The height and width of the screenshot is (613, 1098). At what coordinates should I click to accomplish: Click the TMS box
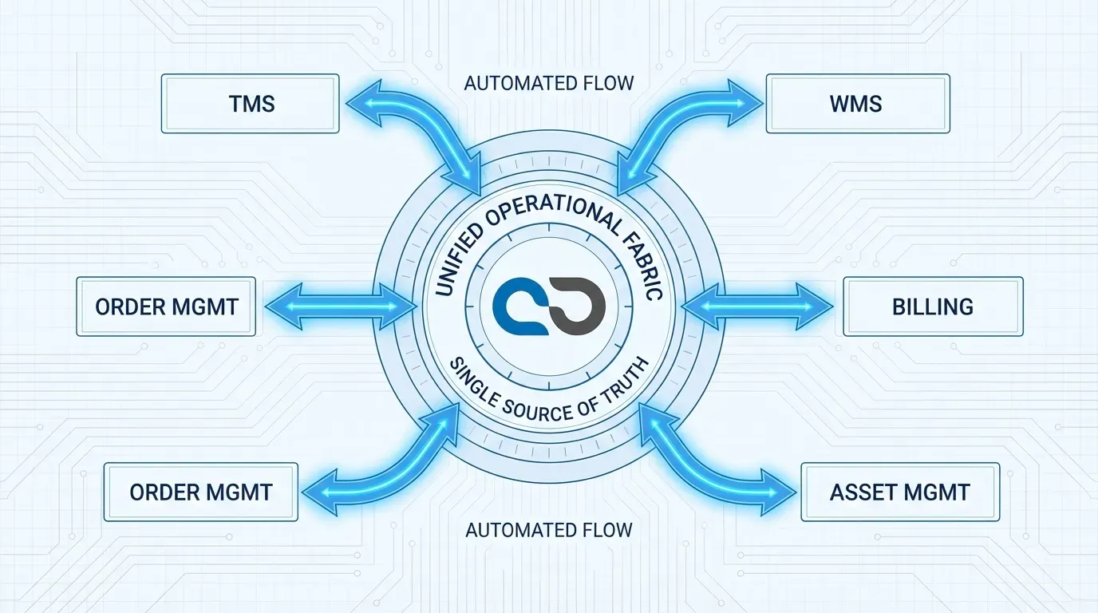(251, 104)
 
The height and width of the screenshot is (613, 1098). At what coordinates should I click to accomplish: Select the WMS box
(858, 104)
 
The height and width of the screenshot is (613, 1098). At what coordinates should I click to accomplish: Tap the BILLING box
(933, 306)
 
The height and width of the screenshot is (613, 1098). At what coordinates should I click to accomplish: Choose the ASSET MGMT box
(899, 492)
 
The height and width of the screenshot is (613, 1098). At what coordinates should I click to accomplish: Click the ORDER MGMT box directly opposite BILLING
(166, 306)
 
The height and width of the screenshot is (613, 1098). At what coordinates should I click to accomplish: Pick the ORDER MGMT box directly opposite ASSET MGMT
(200, 492)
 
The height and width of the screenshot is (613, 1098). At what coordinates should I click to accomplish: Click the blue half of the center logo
(519, 307)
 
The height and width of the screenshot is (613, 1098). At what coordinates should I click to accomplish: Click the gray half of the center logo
(579, 307)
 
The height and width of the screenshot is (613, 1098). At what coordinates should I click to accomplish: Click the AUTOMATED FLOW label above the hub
(549, 83)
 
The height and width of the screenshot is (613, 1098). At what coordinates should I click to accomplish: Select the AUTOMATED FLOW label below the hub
(549, 530)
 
